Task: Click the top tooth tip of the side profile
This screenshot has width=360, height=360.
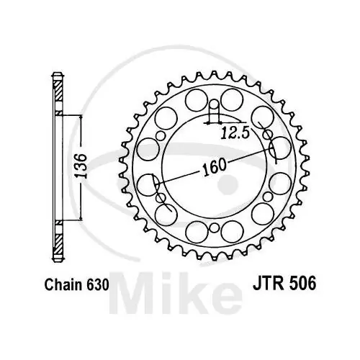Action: pyautogui.click(x=58, y=74)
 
